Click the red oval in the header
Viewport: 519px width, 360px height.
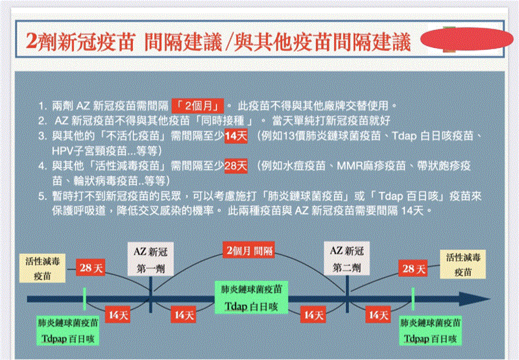tap(466, 39)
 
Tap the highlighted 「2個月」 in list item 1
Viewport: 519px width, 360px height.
tap(198, 106)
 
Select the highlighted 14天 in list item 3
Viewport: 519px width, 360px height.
tap(236, 136)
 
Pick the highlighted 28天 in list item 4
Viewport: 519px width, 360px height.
tap(236, 166)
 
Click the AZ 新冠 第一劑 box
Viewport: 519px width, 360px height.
tap(151, 259)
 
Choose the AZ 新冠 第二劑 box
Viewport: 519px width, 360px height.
tap(347, 259)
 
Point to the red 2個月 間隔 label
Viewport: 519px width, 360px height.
tap(249, 250)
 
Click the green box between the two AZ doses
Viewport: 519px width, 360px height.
tap(251, 298)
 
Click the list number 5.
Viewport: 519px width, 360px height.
tap(42, 197)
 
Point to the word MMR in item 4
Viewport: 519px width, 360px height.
tap(349, 166)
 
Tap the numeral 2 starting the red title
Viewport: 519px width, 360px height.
tap(31, 42)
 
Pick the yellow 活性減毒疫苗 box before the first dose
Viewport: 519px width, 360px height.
tap(42, 269)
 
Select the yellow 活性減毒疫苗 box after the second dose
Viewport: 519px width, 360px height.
tap(463, 264)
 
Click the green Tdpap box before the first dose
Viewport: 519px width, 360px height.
tap(68, 331)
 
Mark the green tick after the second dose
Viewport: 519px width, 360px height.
tap(413, 299)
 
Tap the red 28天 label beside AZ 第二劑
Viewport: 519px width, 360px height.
tap(413, 269)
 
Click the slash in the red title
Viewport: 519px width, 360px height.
tap(228, 42)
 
